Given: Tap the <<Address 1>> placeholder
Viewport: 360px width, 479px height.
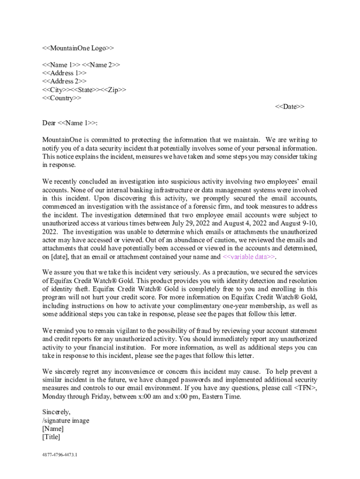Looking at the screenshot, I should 64,73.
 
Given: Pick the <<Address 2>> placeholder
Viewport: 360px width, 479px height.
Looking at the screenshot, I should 64,81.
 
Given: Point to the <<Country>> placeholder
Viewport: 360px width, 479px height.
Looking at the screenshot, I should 61,98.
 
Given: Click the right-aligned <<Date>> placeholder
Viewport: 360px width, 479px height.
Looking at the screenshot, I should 289,107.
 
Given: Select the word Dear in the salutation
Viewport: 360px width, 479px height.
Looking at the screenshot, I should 49,123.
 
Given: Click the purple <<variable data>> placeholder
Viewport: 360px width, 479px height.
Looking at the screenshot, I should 249,257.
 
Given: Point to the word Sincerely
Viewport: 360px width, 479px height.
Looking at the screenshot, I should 56,412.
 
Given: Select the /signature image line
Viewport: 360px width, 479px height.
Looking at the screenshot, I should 65,421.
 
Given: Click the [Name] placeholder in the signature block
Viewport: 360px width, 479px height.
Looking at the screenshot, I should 53,429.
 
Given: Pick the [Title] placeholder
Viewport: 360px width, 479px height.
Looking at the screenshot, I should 51,437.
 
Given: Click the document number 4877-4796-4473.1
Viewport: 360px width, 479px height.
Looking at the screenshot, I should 59,454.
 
